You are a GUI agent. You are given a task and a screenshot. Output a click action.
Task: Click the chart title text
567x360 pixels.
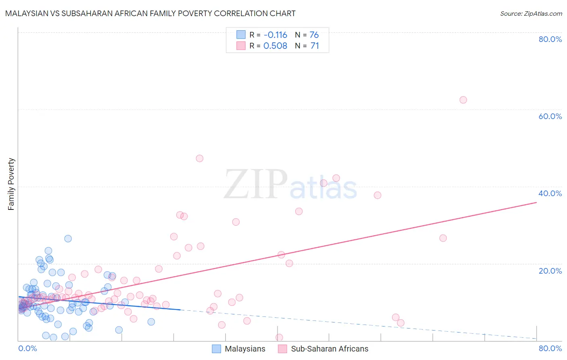(150, 13)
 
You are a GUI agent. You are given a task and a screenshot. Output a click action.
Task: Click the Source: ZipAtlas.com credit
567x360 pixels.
(531, 13)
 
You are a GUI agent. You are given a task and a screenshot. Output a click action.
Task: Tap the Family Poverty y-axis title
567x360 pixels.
(11, 184)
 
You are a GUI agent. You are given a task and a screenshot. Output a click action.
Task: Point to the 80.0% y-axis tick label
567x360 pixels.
(550, 39)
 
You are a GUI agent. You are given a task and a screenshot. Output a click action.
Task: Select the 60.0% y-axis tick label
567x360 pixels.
(550, 116)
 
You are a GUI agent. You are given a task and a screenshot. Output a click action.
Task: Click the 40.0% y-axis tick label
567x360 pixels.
(550, 193)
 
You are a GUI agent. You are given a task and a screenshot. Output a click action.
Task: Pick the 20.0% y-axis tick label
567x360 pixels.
(550, 270)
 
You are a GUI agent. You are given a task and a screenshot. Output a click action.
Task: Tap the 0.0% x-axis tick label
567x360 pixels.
(27, 348)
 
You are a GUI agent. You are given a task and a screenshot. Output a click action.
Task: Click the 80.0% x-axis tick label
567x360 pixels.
(550, 348)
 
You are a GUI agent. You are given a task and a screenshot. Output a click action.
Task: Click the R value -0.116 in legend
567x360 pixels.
(275, 35)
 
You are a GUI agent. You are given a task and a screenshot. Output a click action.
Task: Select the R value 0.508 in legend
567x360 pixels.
(275, 46)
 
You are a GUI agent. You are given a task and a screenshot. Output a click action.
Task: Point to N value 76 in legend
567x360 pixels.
(314, 35)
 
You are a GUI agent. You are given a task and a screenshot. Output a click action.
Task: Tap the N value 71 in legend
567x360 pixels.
(315, 46)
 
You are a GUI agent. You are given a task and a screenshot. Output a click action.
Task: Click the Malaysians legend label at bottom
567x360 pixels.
(245, 349)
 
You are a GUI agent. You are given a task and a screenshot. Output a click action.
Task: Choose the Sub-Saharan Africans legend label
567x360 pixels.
(329, 349)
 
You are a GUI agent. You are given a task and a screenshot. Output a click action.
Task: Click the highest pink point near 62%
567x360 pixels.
(463, 100)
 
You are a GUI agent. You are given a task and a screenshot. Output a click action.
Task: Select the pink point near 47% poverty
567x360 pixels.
(199, 158)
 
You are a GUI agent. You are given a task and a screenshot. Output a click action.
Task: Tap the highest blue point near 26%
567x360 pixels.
(68, 239)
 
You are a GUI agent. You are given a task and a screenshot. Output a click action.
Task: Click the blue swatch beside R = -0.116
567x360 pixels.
(241, 35)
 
